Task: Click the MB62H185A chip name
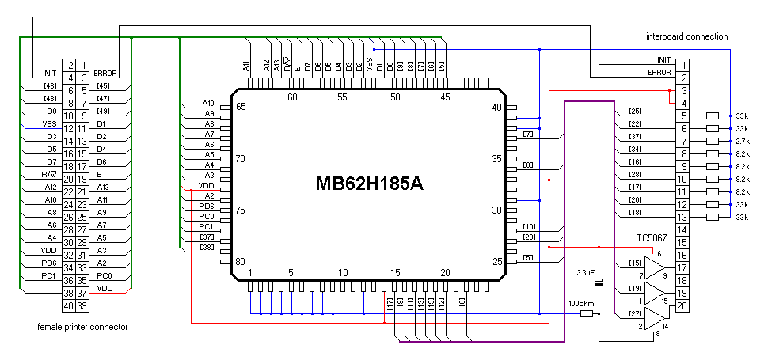pyautogui.click(x=370, y=184)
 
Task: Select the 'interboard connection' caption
pyautogui.click(x=686, y=36)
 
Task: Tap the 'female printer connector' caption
pyautogui.click(x=82, y=326)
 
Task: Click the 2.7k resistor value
pyautogui.click(x=742, y=141)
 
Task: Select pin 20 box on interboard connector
pyautogui.click(x=680, y=305)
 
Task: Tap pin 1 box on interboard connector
pyautogui.click(x=680, y=65)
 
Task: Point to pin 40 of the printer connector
pyautogui.click(x=70, y=305)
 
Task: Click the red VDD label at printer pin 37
pyautogui.click(x=105, y=288)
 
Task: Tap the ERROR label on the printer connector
pyautogui.click(x=105, y=73)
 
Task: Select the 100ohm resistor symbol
pyautogui.click(x=586, y=314)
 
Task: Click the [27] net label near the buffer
pyautogui.click(x=635, y=313)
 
